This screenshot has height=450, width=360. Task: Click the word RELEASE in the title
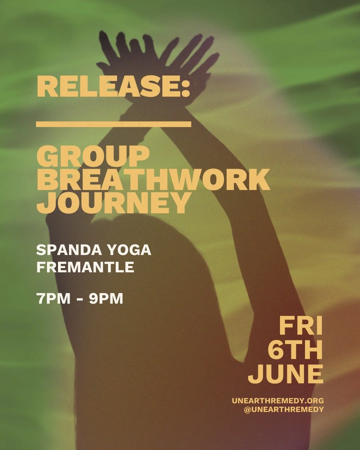click(108, 86)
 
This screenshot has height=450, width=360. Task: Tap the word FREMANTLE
click(85, 267)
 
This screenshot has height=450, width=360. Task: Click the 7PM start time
click(53, 299)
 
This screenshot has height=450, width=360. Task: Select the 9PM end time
click(106, 299)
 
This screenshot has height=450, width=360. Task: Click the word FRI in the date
click(301, 326)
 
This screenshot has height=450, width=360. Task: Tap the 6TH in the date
click(295, 350)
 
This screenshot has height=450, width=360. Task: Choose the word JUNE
click(286, 374)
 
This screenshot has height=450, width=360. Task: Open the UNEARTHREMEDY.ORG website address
click(278, 401)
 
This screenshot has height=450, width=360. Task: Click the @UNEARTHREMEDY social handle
click(284, 410)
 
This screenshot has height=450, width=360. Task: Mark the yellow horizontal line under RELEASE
click(114, 124)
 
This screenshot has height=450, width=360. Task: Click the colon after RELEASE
click(185, 87)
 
